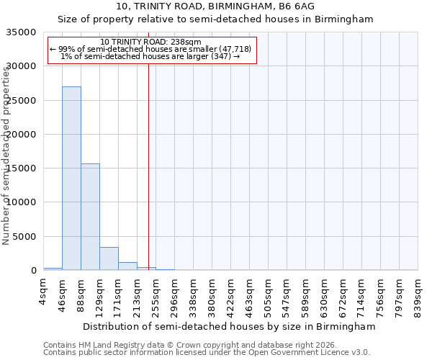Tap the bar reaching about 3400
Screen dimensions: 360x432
tap(109, 258)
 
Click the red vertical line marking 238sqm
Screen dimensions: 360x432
tap(148, 180)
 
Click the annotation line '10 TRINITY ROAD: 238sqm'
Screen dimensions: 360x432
tap(151, 42)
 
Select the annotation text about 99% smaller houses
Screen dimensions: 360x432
tap(151, 49)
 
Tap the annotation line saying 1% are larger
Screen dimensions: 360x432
tap(151, 56)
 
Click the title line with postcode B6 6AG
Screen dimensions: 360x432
tap(215, 6)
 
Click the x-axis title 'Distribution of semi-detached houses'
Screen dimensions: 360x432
tap(229, 326)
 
